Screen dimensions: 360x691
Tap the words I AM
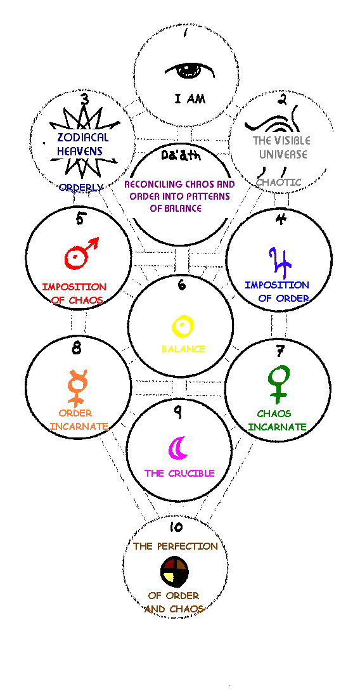coord(190,99)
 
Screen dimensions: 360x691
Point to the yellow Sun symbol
coord(182,326)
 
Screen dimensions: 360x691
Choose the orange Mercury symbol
coord(77,387)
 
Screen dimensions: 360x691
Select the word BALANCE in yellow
coord(183,349)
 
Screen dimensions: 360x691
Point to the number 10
coord(176,527)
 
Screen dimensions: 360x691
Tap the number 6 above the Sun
coord(181,285)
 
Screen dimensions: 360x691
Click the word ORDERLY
coord(81,187)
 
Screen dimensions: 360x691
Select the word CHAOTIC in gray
coord(279,182)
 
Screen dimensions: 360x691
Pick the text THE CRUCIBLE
coord(180,474)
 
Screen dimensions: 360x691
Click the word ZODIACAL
coord(83,138)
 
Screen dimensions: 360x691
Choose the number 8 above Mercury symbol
coord(77,349)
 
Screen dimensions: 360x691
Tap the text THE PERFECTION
coord(176,546)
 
